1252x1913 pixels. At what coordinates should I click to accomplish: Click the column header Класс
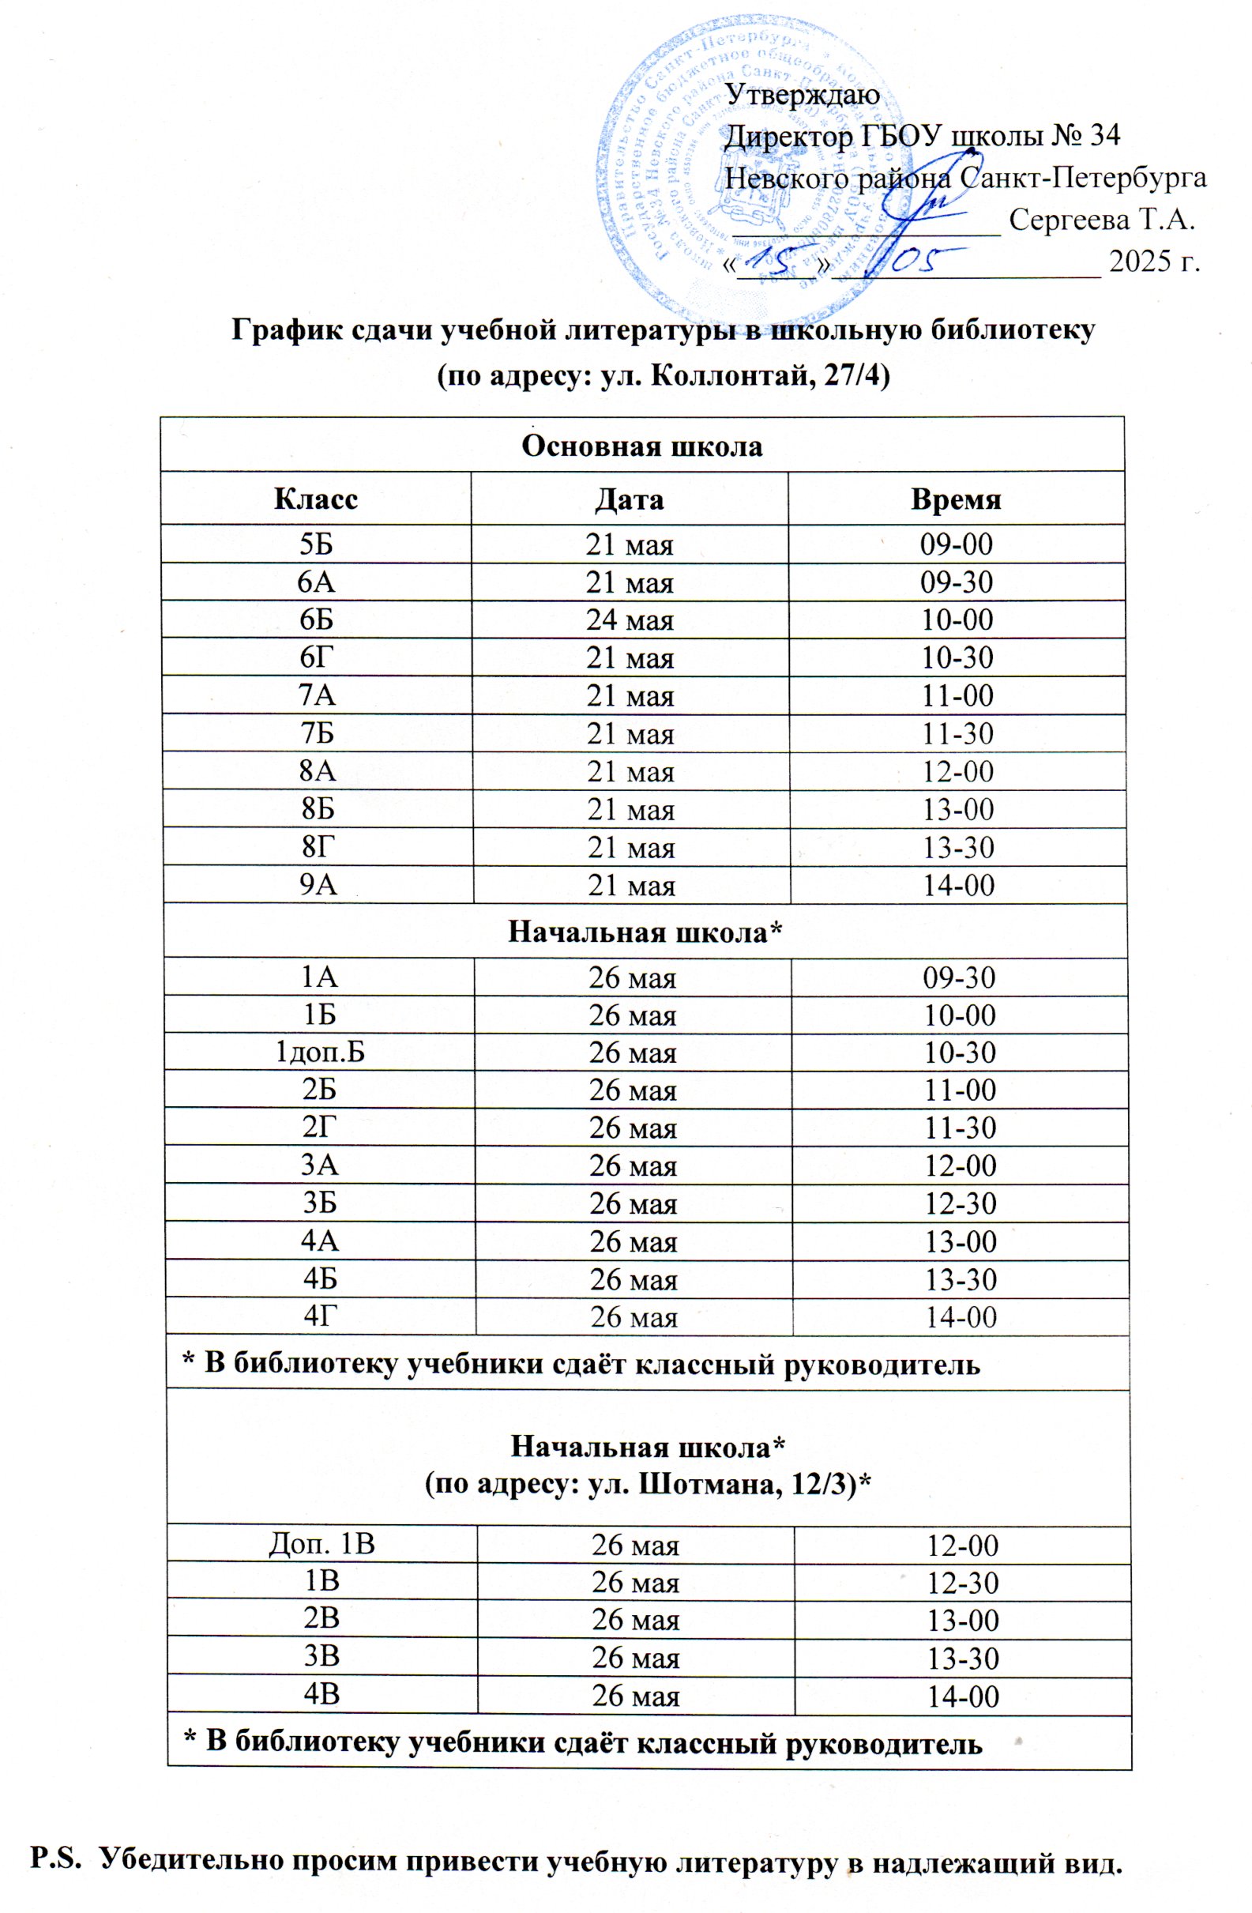(x=316, y=499)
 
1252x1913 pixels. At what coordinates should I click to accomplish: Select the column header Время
(x=956, y=499)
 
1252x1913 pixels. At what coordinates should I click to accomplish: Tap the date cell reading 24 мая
(x=630, y=619)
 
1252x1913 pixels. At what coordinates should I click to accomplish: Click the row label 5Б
(x=316, y=545)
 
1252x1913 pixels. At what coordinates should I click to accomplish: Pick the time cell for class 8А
(x=958, y=772)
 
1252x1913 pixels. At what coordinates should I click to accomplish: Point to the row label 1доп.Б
(x=320, y=1053)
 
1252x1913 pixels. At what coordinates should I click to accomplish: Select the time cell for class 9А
(x=959, y=885)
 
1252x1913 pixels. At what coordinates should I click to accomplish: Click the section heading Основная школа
(x=641, y=446)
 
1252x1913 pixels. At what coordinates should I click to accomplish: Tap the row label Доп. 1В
(x=321, y=1544)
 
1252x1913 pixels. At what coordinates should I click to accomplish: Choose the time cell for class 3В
(x=963, y=1659)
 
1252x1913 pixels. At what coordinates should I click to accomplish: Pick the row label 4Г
(x=320, y=1316)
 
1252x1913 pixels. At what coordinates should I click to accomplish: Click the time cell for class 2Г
(x=961, y=1128)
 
